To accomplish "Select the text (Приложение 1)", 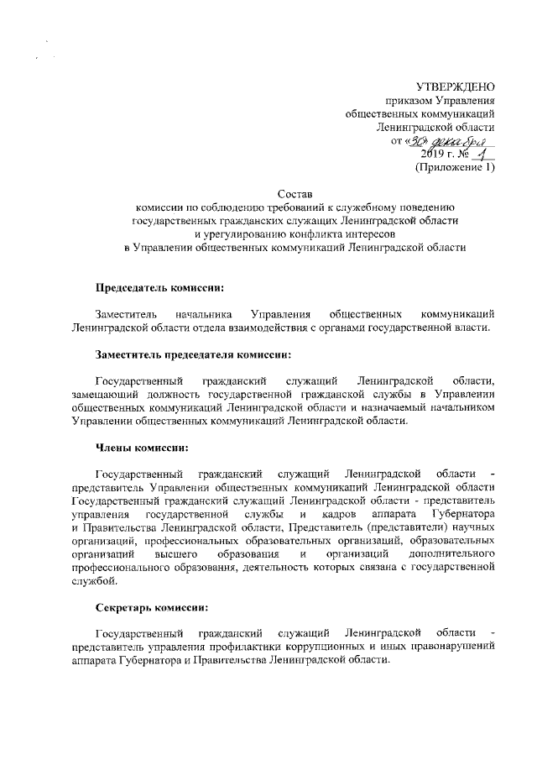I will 456,167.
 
